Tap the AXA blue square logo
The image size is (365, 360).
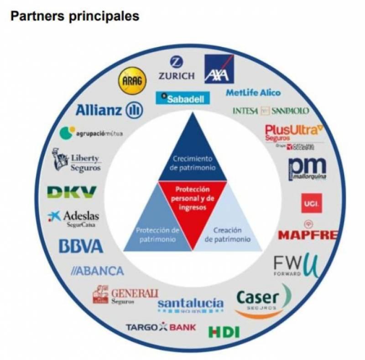pyautogui.click(x=219, y=69)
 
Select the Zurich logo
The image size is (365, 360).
pyautogui.click(x=176, y=69)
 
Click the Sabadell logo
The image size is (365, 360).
pyautogui.click(x=180, y=98)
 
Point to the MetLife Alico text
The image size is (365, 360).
pyautogui.click(x=253, y=93)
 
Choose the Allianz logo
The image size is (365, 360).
pyautogui.click(x=109, y=109)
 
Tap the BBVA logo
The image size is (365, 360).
pyautogui.click(x=81, y=246)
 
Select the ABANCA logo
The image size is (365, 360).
pyautogui.click(x=98, y=271)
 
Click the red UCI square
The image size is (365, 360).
pyautogui.click(x=312, y=203)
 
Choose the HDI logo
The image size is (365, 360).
pyautogui.click(x=224, y=332)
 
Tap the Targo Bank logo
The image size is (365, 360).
pyautogui.click(x=161, y=327)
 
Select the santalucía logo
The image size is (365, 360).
pyautogui.click(x=190, y=304)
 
